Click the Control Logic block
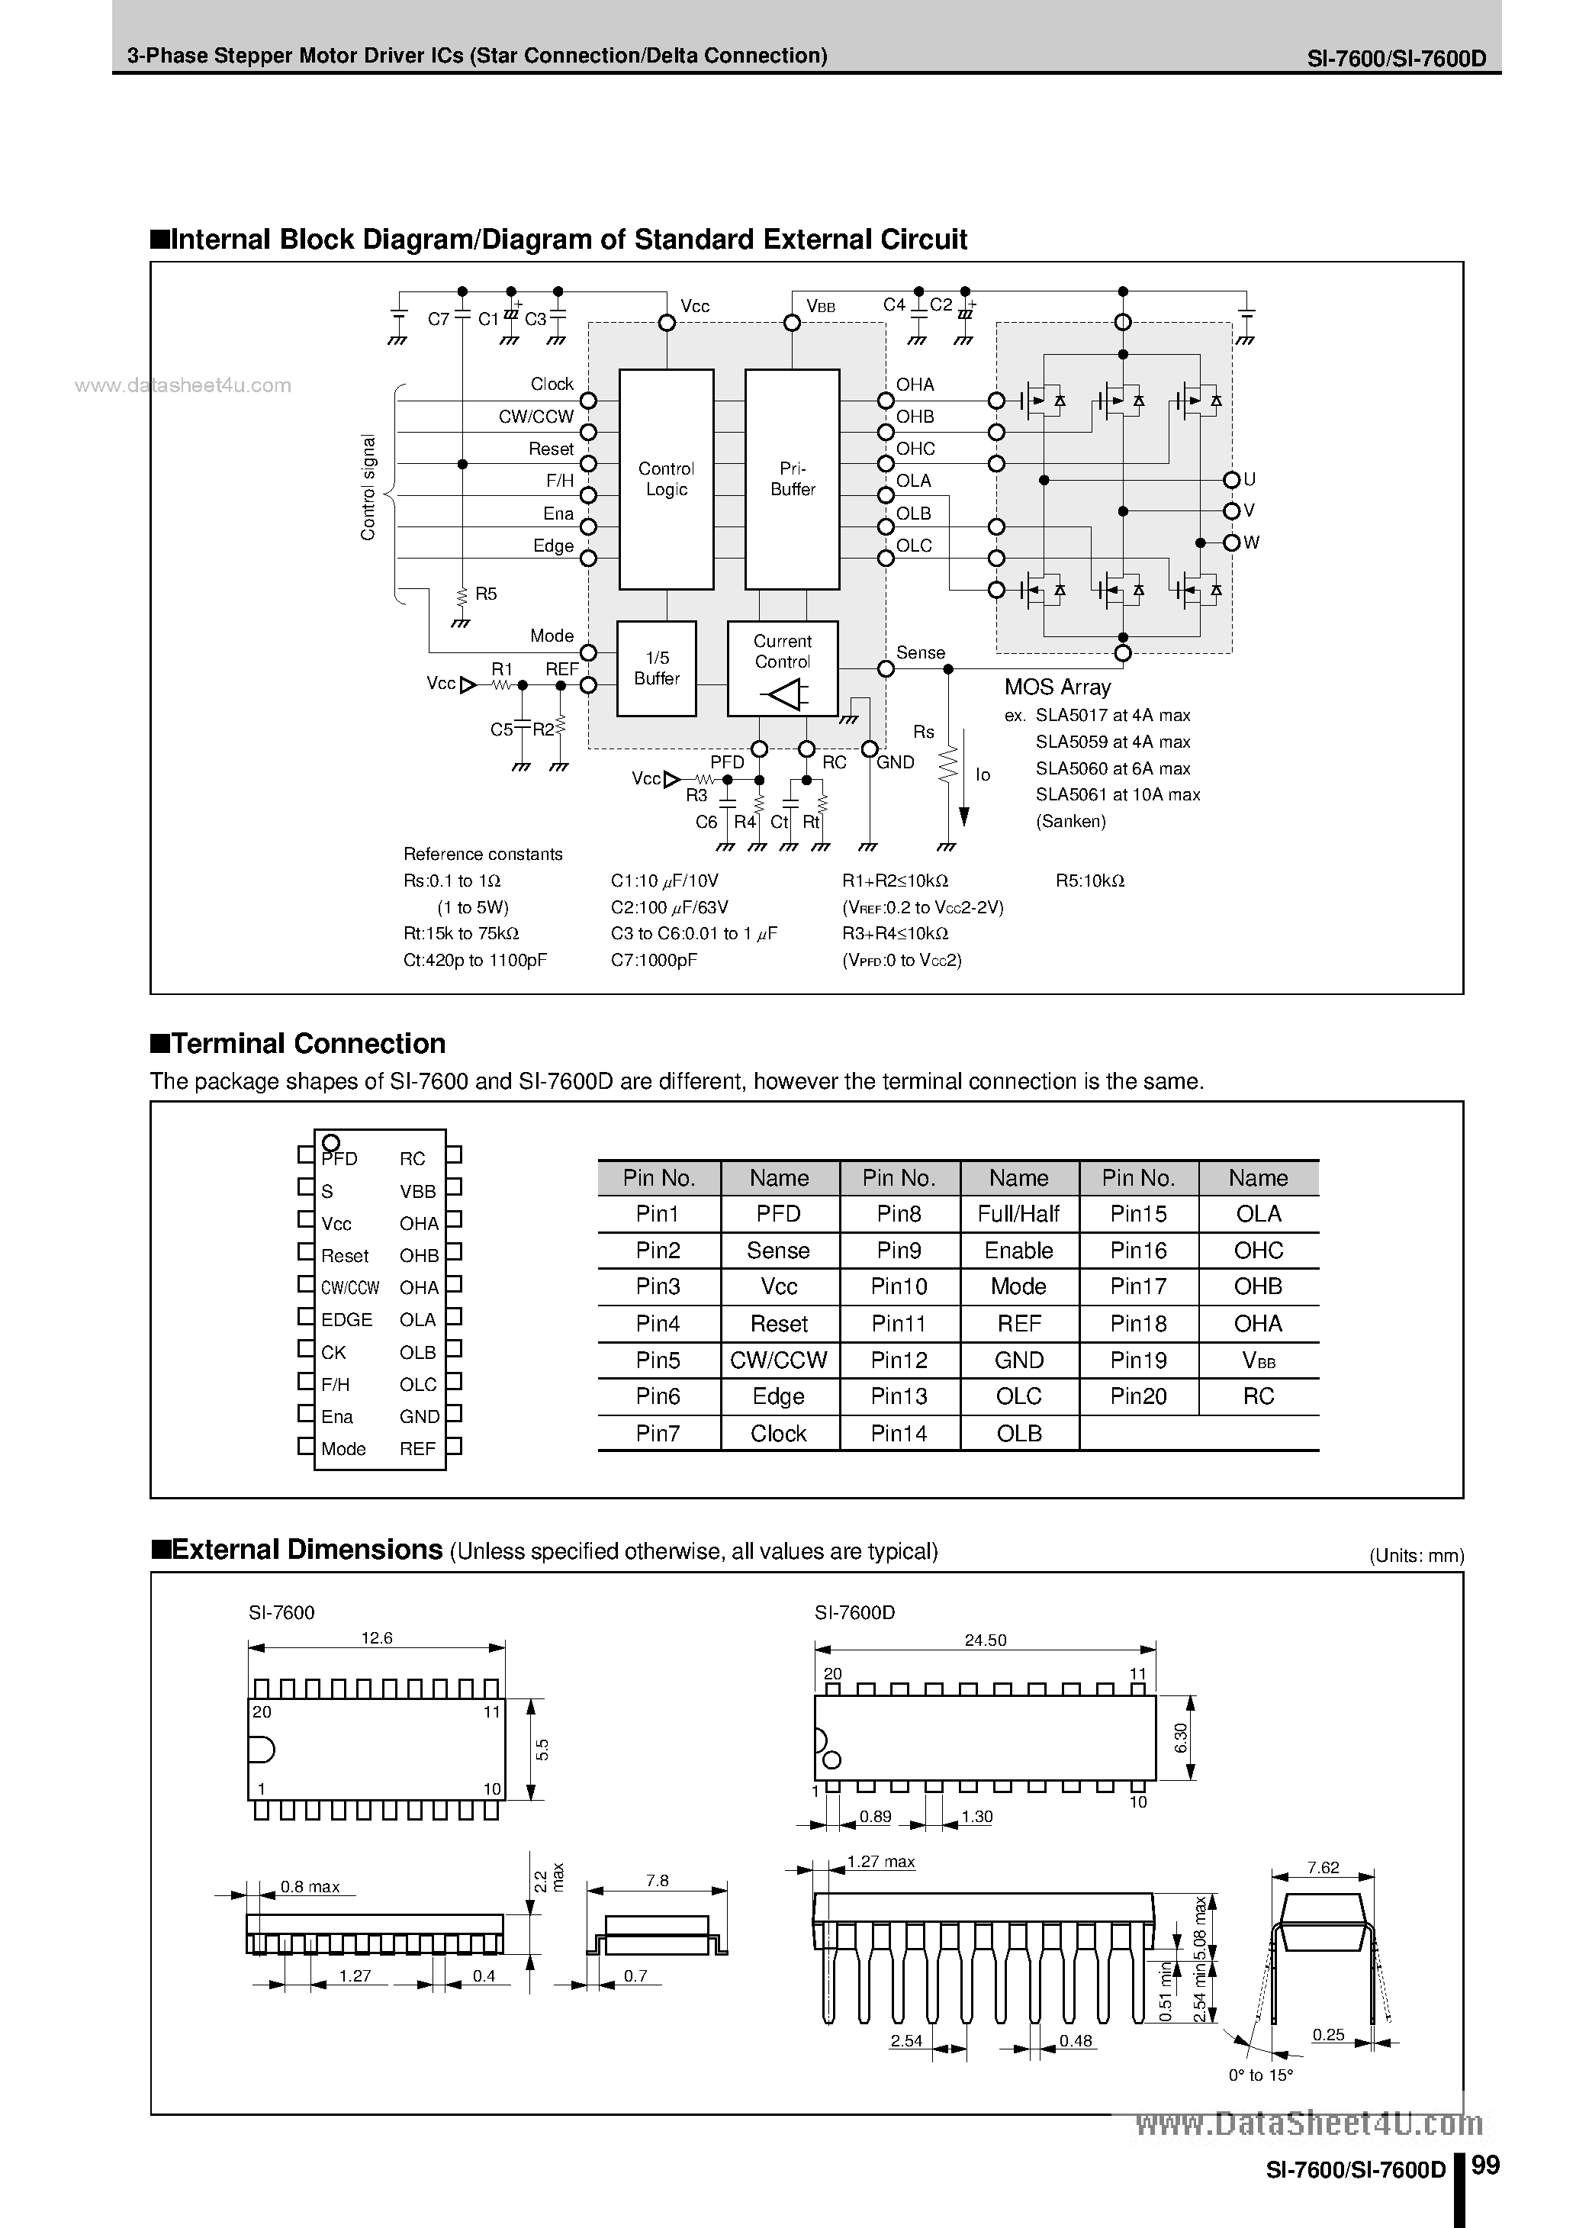(666, 478)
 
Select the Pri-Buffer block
(792, 478)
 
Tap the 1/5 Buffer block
(656, 668)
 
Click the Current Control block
(782, 668)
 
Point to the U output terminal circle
(1230, 479)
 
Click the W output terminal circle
(1230, 543)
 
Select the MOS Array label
(1057, 687)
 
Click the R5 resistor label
(485, 594)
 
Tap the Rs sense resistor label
(923, 732)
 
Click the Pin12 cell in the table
(899, 1360)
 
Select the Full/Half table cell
(1018, 1214)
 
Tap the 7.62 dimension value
(1323, 1867)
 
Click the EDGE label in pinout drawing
(346, 1320)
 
